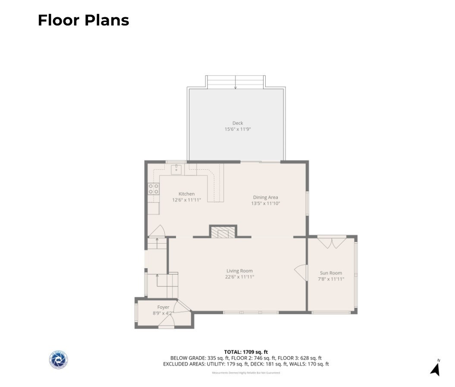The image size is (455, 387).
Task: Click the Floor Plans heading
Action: point(83,20)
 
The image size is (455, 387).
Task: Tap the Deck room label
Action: point(238,123)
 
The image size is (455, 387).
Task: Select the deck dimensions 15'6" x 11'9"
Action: point(238,129)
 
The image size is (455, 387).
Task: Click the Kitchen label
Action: point(186,194)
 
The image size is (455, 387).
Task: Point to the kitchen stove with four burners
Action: point(154,188)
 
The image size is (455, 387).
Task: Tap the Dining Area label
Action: point(265,197)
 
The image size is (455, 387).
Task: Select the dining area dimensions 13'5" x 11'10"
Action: point(266,203)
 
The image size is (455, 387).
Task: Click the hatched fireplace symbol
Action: point(223,233)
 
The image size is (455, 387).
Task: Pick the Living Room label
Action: point(239,271)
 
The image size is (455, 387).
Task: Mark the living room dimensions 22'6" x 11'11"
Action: point(240,277)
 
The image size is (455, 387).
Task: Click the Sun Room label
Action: point(331,273)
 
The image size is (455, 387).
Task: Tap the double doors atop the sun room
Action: point(332,242)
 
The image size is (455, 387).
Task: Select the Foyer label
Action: point(163,307)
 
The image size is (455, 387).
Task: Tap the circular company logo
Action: point(58,360)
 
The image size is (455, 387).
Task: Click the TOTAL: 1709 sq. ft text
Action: point(246,352)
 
